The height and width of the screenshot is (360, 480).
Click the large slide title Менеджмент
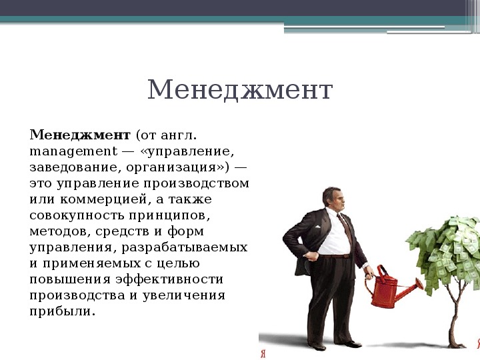[x=240, y=90]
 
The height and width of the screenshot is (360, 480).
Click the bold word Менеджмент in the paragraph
[x=80, y=135]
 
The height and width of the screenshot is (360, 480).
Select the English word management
[x=73, y=152]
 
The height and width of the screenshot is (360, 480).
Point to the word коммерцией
[x=104, y=199]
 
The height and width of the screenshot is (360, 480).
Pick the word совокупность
[x=77, y=215]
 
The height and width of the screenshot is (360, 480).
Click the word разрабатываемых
[x=185, y=247]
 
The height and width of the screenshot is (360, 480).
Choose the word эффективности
[x=169, y=279]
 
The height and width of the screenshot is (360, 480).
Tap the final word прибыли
[x=63, y=311]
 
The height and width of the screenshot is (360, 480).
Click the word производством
[x=196, y=184]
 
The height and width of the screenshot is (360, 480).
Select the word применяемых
[x=92, y=263]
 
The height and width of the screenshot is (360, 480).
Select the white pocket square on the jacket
[x=317, y=227]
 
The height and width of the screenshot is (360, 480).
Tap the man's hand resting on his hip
[x=311, y=256]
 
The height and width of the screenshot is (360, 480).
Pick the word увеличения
[x=184, y=295]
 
